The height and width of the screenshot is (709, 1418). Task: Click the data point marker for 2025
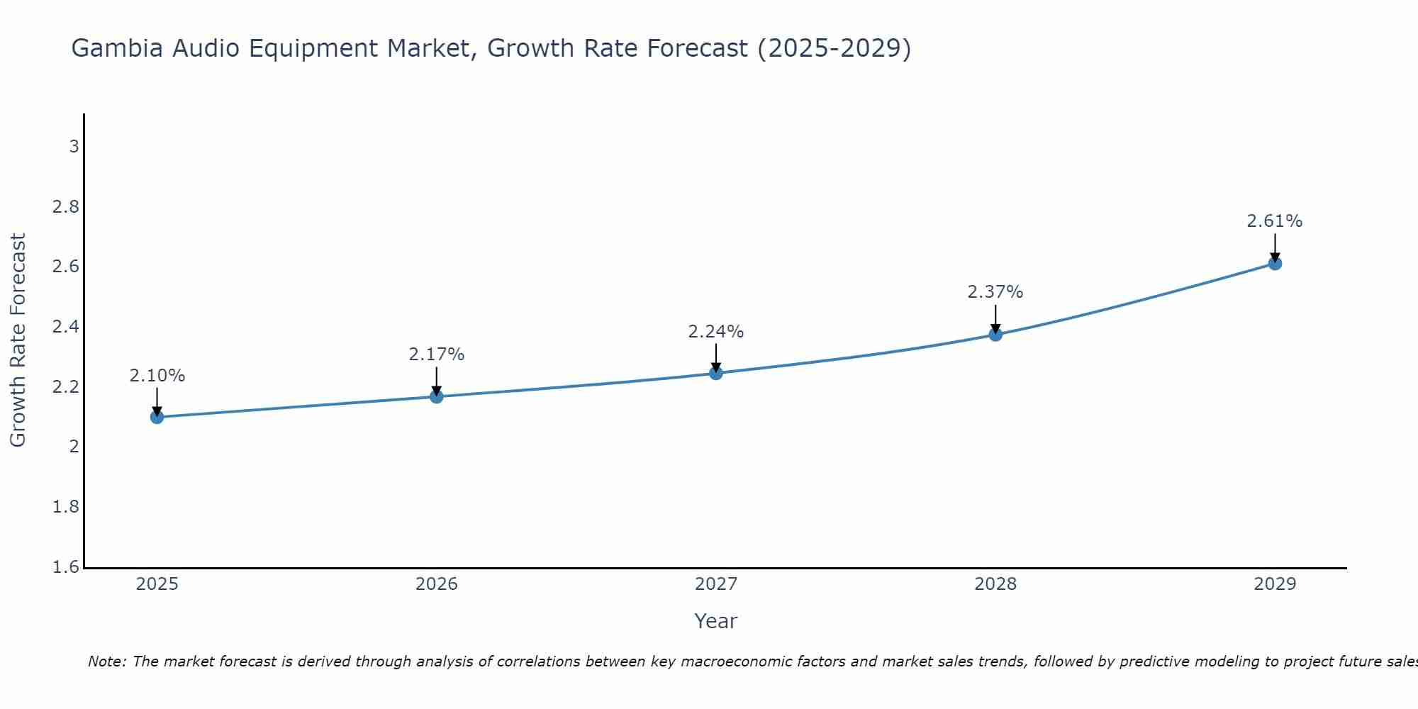[157, 417]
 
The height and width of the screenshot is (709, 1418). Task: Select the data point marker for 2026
[437, 396]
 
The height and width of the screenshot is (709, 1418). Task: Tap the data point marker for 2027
[716, 373]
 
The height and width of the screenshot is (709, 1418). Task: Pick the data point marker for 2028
[995, 335]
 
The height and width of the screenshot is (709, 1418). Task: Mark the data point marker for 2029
[1275, 264]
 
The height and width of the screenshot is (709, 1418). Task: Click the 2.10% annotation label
[157, 376]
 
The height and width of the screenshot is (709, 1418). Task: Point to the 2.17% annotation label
[437, 354]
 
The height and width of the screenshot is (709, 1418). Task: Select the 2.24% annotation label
[716, 332]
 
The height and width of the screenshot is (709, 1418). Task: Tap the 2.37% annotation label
[995, 292]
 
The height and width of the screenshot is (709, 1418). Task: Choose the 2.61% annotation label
[1275, 221]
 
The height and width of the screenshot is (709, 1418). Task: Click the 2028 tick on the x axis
[995, 584]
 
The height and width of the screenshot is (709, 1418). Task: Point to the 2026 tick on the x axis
[437, 584]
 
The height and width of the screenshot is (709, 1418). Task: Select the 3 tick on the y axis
[74, 147]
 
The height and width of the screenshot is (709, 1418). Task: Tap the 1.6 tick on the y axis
[65, 567]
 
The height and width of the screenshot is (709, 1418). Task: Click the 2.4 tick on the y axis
[65, 327]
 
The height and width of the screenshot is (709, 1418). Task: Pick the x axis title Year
[716, 621]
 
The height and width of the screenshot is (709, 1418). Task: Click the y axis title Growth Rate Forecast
[18, 340]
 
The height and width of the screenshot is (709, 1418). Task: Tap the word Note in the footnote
[106, 661]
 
